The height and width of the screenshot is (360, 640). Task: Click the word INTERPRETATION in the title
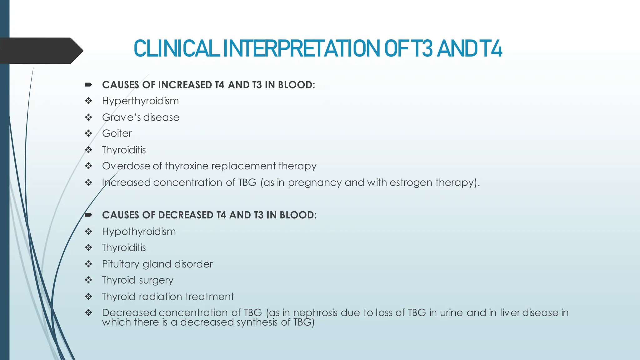[302, 49]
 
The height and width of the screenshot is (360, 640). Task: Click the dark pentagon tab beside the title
[41, 51]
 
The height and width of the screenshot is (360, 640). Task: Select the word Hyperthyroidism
[140, 101]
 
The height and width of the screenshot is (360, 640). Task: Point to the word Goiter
[117, 133]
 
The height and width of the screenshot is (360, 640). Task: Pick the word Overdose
[126, 166]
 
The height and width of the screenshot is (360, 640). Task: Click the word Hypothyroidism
[139, 232]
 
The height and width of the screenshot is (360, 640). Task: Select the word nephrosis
[315, 312]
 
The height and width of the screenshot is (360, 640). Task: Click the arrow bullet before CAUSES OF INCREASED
[88, 85]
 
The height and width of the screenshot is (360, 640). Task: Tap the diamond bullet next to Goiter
[88, 133]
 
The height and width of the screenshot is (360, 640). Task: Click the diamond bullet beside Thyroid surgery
[88, 280]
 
